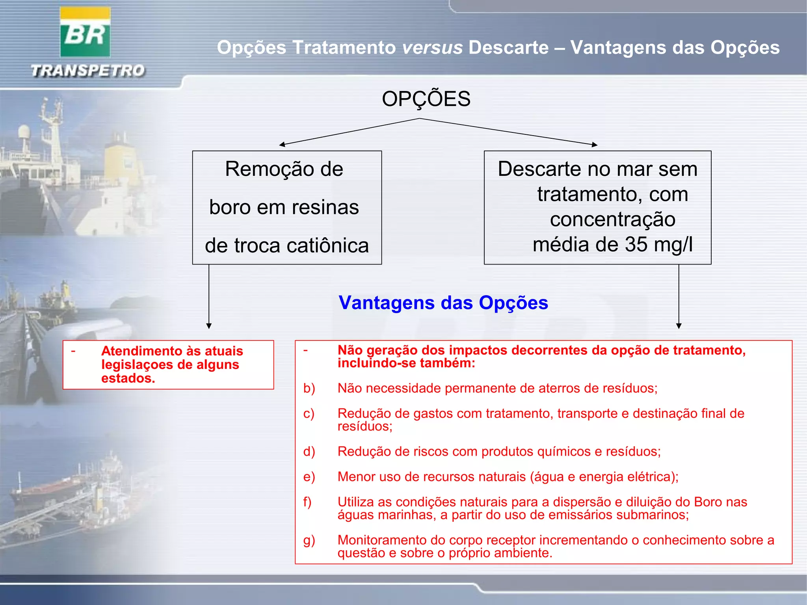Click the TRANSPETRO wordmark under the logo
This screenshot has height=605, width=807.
tap(88, 71)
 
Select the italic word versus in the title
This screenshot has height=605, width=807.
tap(432, 48)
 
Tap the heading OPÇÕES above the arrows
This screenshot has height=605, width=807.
tap(426, 99)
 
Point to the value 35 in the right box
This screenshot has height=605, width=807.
tap(636, 244)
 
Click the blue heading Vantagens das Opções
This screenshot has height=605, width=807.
tap(443, 303)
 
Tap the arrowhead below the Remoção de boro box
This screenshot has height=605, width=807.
tap(209, 326)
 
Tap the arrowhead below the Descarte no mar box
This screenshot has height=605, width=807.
tap(679, 326)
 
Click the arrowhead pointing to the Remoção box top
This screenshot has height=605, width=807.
tap(282, 145)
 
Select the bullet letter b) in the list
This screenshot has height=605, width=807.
tap(309, 388)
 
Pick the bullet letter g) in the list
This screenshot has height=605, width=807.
tap(309, 540)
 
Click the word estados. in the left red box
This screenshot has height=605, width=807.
tap(128, 378)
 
